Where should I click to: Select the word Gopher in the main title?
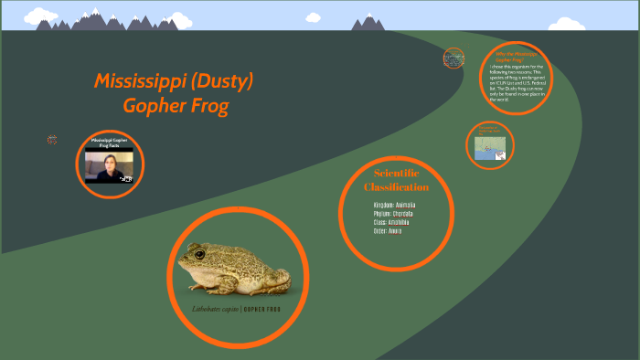[154, 106]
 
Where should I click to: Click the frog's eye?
[197, 253]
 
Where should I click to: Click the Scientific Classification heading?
[396, 180]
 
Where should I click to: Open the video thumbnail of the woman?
[109, 166]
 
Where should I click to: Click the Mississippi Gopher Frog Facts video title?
[109, 143]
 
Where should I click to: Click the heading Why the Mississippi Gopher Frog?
[522, 58]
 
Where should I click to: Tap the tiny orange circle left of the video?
[52, 140]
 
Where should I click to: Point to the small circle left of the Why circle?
[453, 59]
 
